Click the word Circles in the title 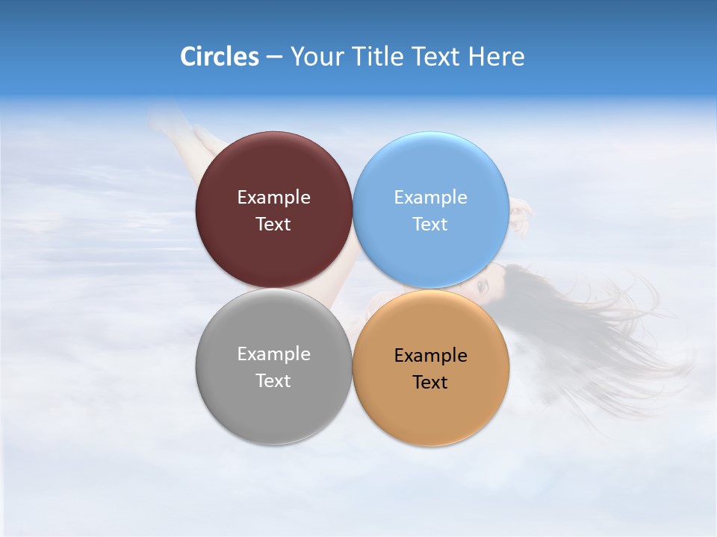(x=220, y=57)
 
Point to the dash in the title (x=274, y=57)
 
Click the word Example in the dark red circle (x=273, y=198)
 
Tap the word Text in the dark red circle (x=273, y=224)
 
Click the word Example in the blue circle (x=431, y=198)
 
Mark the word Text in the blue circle (x=431, y=224)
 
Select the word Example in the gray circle (x=273, y=354)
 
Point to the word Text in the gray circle (x=273, y=381)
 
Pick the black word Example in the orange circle (x=431, y=356)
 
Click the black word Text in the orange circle (x=431, y=383)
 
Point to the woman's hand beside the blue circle (x=523, y=211)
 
